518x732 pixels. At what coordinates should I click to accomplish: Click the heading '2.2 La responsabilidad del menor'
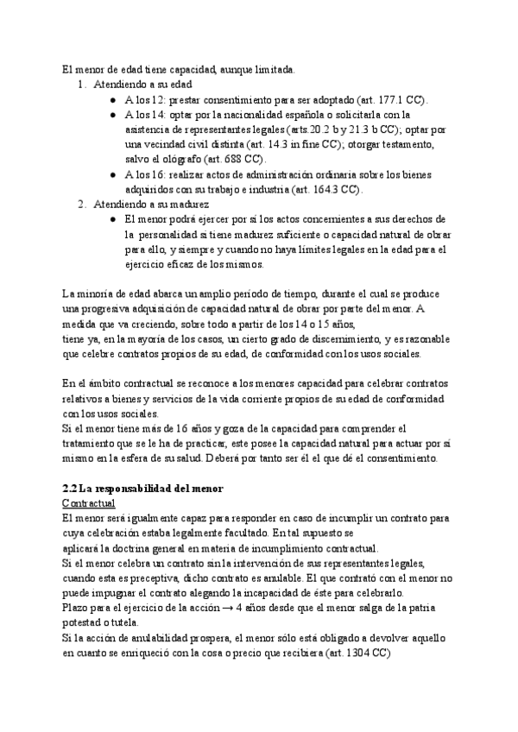coord(143,489)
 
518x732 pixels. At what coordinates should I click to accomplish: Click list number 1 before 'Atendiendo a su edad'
coord(80,85)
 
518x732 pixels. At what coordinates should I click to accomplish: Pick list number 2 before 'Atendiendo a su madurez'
coord(80,205)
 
